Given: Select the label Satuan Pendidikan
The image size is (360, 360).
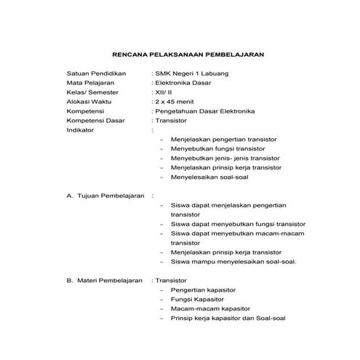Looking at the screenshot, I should (97, 73).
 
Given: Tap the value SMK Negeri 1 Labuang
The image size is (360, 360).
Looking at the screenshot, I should (190, 73).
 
